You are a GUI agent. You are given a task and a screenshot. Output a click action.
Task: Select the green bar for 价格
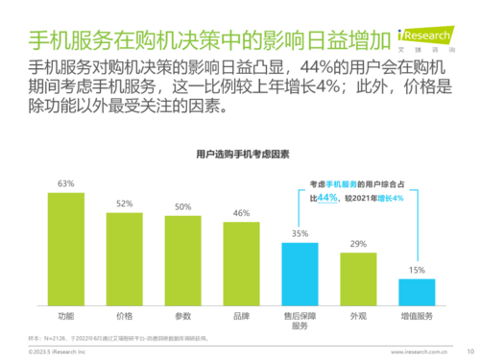125,258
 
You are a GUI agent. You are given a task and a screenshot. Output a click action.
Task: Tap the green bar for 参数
183,260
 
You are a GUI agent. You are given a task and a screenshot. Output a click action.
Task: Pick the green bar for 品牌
242,264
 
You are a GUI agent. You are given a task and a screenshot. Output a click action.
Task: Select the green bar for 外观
358,279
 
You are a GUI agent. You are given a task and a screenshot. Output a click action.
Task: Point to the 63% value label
66,182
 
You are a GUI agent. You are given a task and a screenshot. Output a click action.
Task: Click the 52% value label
125,204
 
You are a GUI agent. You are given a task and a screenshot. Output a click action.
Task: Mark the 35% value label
300,234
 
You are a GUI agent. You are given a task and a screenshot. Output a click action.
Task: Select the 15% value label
417,271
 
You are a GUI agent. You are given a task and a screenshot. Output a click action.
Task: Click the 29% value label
358,245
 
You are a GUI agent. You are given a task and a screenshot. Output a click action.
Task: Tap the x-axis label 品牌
242,315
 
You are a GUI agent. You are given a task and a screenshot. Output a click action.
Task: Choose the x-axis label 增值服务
417,315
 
